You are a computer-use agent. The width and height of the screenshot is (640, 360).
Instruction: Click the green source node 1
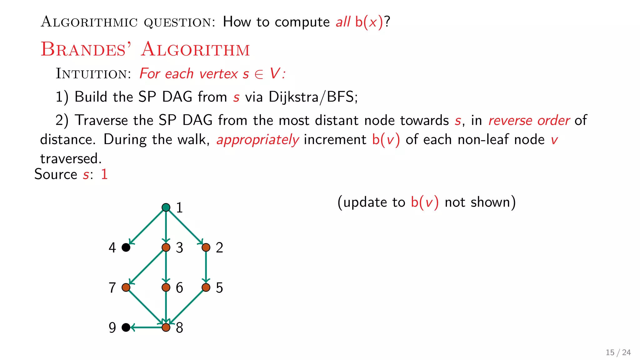click(166, 207)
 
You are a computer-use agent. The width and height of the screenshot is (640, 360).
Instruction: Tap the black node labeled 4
click(126, 247)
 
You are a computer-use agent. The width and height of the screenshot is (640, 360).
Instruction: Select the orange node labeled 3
click(166, 247)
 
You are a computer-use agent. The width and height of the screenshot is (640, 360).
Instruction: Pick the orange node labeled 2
click(206, 247)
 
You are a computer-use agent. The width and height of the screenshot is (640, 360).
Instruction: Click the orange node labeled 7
click(126, 287)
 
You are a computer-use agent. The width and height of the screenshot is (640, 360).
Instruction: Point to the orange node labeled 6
click(166, 287)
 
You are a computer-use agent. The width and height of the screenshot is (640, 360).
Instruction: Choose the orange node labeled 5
click(206, 287)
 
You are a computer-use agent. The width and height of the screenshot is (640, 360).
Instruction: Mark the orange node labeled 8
click(166, 327)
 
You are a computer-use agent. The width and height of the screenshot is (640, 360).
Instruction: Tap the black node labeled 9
click(126, 327)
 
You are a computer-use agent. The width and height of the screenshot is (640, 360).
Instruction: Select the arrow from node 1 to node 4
click(146, 227)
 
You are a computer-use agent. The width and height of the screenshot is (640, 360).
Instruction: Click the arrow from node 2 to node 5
click(206, 267)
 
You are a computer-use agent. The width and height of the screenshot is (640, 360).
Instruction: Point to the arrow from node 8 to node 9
click(146, 327)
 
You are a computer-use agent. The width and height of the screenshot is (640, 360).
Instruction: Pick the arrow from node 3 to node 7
click(146, 267)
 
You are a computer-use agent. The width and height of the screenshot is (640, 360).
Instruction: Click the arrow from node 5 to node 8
click(186, 307)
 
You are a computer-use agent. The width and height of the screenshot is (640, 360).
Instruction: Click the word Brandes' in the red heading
click(86, 49)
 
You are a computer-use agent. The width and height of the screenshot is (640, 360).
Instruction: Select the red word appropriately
click(258, 140)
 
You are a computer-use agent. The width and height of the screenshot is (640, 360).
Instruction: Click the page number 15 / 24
click(618, 352)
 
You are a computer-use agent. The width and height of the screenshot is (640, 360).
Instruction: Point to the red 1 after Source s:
click(104, 174)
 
